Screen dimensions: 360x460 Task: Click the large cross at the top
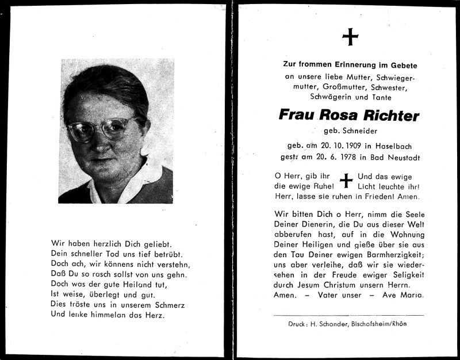pos(349,38)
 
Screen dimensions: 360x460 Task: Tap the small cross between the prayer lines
pos(346,180)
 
